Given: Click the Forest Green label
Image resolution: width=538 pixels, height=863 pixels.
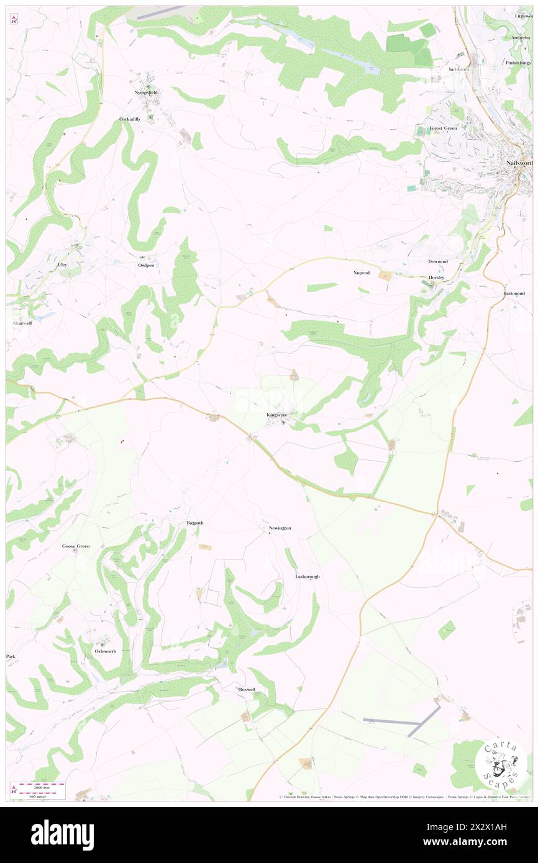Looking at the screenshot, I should [443, 129].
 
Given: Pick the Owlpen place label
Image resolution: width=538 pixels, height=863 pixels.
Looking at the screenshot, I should [145, 265].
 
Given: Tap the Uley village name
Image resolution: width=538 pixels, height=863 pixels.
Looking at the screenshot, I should [62, 265].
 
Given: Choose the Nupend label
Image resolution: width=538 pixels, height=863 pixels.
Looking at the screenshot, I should [361, 273].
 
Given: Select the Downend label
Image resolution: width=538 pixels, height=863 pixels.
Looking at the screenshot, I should [437, 261].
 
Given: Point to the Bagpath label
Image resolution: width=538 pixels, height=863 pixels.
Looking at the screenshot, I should [195, 523].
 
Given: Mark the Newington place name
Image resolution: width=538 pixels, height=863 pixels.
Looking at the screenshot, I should [280, 528].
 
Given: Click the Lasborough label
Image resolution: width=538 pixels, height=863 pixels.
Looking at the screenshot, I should [307, 577].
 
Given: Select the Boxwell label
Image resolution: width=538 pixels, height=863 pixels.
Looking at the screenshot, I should [247, 689].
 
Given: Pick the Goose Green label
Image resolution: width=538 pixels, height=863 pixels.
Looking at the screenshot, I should [75, 546].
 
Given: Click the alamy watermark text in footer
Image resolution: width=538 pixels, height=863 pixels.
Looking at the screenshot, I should [62, 835].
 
